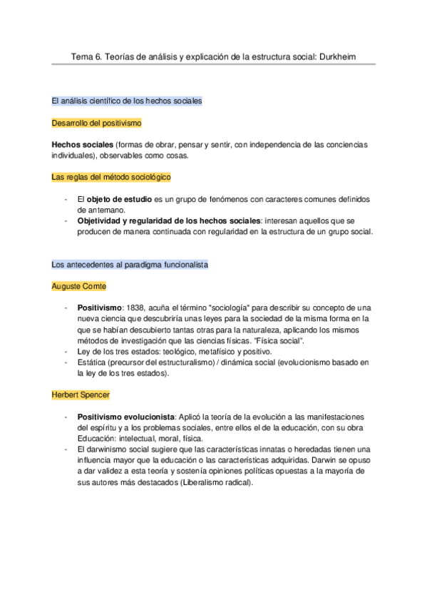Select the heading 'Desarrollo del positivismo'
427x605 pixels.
pyautogui.click(x=97, y=123)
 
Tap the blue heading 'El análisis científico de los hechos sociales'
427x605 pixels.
pyautogui.click(x=127, y=101)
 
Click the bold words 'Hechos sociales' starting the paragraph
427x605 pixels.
pyautogui.click(x=83, y=145)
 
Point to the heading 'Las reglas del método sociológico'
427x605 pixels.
pyautogui.click(x=111, y=176)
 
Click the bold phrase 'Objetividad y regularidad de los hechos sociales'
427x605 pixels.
pyautogui.click(x=168, y=221)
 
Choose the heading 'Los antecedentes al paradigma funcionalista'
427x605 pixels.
pyautogui.click(x=130, y=265)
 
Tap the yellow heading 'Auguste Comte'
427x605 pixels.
pyautogui.click(x=79, y=286)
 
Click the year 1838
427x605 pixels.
pyautogui.click(x=137, y=308)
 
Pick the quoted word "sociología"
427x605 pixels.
pyautogui.click(x=227, y=308)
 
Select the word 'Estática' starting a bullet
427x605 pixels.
pyautogui.click(x=93, y=362)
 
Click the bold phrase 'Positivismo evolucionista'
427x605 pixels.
pyautogui.click(x=125, y=416)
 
